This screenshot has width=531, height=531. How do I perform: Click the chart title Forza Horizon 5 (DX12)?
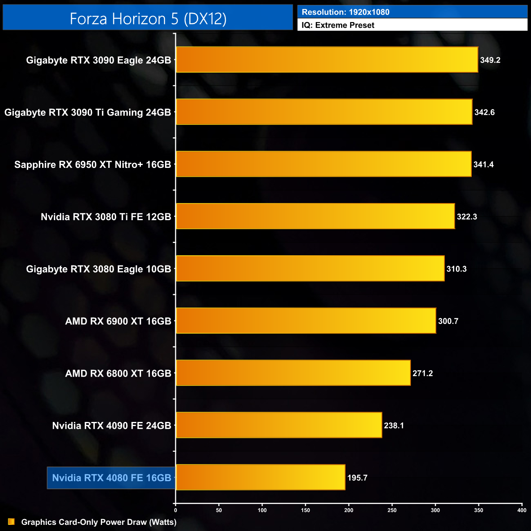pyautogui.click(x=148, y=19)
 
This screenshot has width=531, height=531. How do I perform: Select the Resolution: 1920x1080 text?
pyautogui.click(x=346, y=12)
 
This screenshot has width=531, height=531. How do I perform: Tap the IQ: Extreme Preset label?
pyautogui.click(x=338, y=25)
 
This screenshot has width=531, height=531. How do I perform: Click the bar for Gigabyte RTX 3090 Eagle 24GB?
pyautogui.click(x=327, y=60)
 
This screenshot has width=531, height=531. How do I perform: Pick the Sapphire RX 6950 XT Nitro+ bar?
pyautogui.click(x=324, y=164)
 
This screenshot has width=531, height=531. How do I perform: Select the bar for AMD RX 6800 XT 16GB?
pyautogui.click(x=293, y=373)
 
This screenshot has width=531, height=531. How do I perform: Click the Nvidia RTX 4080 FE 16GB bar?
pyautogui.click(x=260, y=477)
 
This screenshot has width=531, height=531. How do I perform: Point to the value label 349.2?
pyautogui.click(x=490, y=60)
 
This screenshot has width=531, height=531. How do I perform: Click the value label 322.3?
pyautogui.click(x=467, y=217)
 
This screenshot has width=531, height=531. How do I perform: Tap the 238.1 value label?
pyautogui.click(x=394, y=426)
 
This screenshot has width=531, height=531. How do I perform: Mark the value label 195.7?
pyautogui.click(x=357, y=478)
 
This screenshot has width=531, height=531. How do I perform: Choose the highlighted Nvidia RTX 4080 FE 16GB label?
pyautogui.click(x=112, y=478)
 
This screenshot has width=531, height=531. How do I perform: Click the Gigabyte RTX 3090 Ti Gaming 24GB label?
pyautogui.click(x=88, y=112)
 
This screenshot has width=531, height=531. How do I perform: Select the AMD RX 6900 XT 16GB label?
pyautogui.click(x=118, y=321)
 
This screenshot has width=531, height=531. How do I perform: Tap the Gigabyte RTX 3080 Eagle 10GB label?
pyautogui.click(x=98, y=269)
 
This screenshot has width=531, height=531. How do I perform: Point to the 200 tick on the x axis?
pyautogui.click(x=349, y=510)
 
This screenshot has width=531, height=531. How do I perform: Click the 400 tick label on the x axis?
pyautogui.click(x=522, y=510)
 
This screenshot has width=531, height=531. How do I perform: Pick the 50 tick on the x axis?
pyautogui.click(x=219, y=510)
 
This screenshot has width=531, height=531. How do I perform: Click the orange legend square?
pyautogui.click(x=11, y=522)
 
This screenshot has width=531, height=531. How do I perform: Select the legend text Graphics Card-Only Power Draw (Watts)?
pyautogui.click(x=99, y=522)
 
